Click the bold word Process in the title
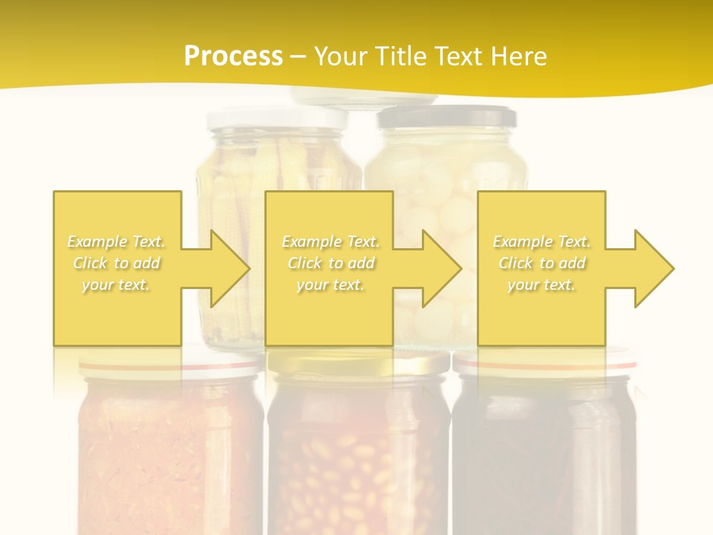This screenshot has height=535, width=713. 233,56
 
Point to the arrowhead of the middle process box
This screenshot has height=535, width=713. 440,268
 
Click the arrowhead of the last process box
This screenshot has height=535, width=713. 652,268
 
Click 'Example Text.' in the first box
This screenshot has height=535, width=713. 116,241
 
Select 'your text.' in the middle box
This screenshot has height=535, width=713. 330,285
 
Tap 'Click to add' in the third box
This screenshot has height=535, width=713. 542,263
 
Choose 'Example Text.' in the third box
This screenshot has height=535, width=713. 541,241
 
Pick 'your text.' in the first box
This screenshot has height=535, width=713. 116,285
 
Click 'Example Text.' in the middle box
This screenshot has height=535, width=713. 330,241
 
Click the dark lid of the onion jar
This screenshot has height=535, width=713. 447,117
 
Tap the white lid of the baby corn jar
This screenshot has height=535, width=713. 277,117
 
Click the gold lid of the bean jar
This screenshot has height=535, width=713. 359,363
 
